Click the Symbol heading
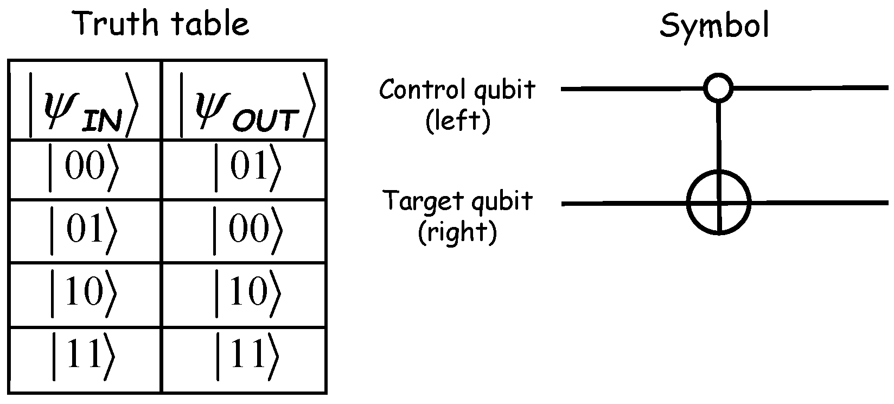[714, 26]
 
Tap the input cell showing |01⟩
[84, 231]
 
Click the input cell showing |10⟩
[84, 295]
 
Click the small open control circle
[718, 87]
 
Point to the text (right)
[457, 233]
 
